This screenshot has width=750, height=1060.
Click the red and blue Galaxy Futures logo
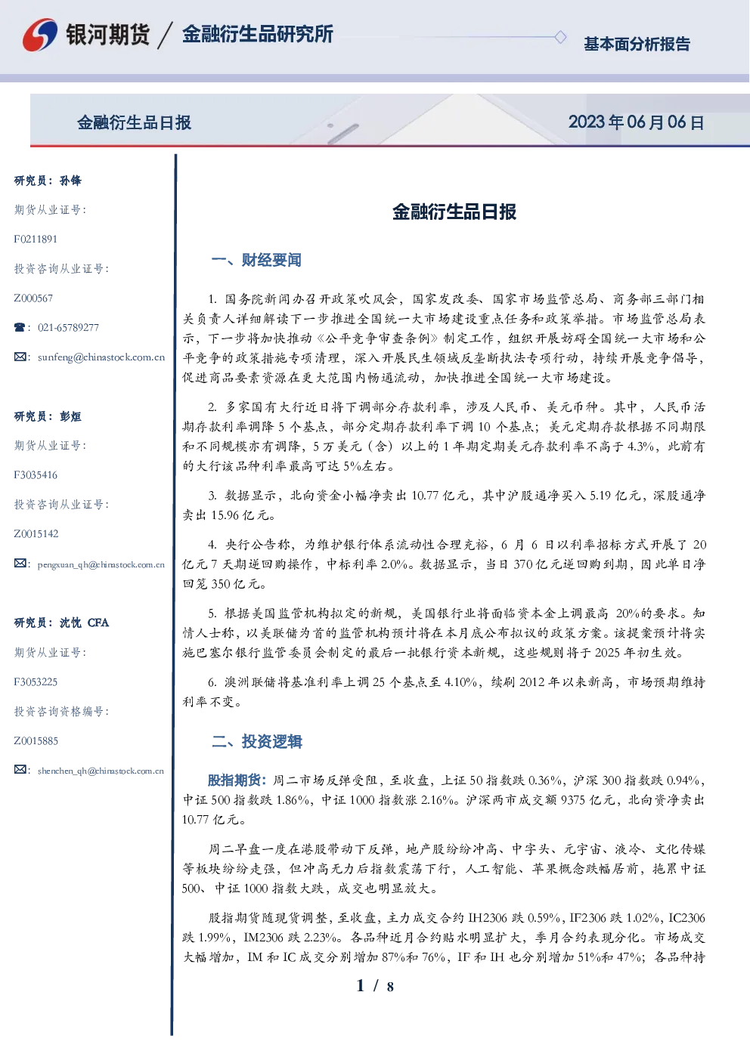tap(40, 34)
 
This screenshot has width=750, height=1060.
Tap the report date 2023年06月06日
tap(636, 122)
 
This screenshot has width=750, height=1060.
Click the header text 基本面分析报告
tap(637, 44)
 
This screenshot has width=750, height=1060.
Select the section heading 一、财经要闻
tap(256, 260)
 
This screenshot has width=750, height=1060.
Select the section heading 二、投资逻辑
tap(256, 741)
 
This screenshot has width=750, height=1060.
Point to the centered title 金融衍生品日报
tap(454, 212)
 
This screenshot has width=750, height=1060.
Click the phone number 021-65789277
tap(68, 327)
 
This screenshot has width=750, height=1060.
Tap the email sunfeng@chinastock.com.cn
tap(101, 357)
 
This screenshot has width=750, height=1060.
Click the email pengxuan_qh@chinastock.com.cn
tap(101, 564)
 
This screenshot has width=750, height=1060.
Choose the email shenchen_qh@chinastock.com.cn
tap(101, 771)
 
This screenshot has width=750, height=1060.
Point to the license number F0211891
tap(36, 239)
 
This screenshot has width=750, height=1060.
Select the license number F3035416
tap(36, 474)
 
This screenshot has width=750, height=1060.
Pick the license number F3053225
tap(36, 682)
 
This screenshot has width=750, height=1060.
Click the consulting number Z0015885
tap(36, 740)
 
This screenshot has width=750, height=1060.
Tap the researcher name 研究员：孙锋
tap(48, 181)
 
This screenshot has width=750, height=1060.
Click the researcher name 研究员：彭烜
tap(48, 416)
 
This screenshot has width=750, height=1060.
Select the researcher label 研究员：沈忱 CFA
tap(61, 623)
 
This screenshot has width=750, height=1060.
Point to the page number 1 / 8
tap(375, 986)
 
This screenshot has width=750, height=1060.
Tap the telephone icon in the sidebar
tap(20, 327)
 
